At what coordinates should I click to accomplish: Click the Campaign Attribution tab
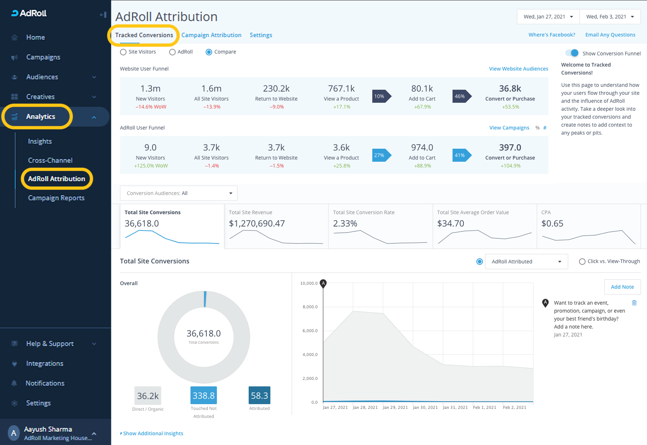pyautogui.click(x=211, y=35)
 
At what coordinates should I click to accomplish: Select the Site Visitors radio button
pyautogui.click(x=124, y=52)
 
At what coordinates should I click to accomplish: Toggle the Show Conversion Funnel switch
pyautogui.click(x=572, y=53)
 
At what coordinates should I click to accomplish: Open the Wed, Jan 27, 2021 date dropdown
pyautogui.click(x=548, y=17)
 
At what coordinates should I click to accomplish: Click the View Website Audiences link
pyautogui.click(x=518, y=69)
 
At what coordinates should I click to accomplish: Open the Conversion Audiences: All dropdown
pyautogui.click(x=179, y=193)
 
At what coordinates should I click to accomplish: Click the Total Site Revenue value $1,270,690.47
pyautogui.click(x=257, y=224)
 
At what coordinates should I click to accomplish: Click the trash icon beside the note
pyautogui.click(x=634, y=303)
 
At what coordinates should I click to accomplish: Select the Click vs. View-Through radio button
pyautogui.click(x=582, y=262)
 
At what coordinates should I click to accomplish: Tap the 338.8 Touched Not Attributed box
pyautogui.click(x=203, y=395)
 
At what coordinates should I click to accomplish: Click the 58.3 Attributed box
pyautogui.click(x=259, y=395)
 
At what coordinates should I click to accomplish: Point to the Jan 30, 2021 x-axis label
pyautogui.click(x=425, y=407)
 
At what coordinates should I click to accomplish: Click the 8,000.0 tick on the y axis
pyautogui.click(x=310, y=307)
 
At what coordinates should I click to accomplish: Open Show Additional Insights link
pyautogui.click(x=153, y=433)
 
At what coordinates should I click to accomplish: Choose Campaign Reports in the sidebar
pyautogui.click(x=56, y=198)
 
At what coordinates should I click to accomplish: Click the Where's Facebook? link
pyautogui.click(x=552, y=35)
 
